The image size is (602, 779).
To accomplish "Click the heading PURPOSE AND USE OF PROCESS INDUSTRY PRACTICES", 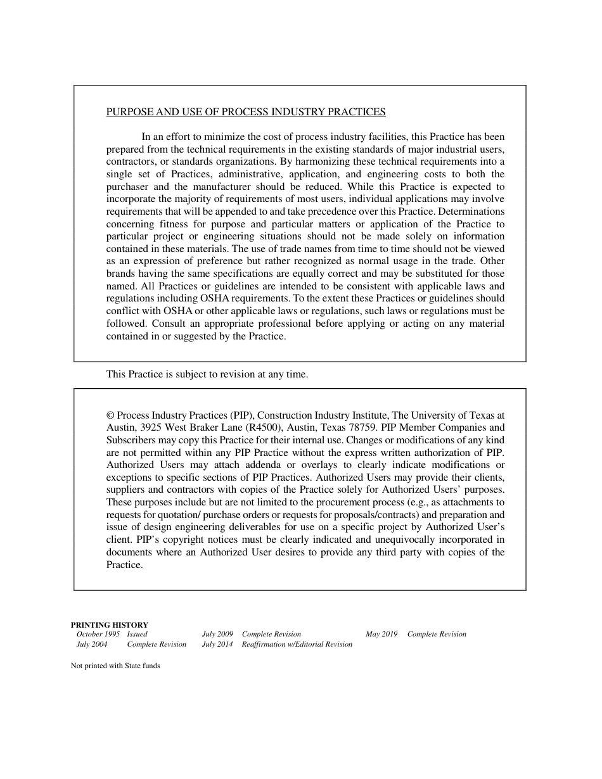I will (x=246, y=112).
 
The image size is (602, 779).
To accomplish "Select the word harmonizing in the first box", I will (x=316, y=161).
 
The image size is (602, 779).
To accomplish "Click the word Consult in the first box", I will (x=171, y=324).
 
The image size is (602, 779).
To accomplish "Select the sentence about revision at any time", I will (x=207, y=374).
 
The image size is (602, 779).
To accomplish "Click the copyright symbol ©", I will (x=110, y=415).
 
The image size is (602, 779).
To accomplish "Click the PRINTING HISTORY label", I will (x=109, y=624).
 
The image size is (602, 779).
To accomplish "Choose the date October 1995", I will (x=98, y=634).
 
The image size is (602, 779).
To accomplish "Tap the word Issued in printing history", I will (x=137, y=634).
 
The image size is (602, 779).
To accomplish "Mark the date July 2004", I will (x=92, y=644).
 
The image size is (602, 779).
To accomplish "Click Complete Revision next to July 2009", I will (x=271, y=634).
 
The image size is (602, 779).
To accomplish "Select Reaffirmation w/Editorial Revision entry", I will (x=297, y=644).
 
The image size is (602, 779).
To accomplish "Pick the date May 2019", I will (x=381, y=634).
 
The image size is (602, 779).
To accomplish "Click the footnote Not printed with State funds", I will (x=115, y=666).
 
